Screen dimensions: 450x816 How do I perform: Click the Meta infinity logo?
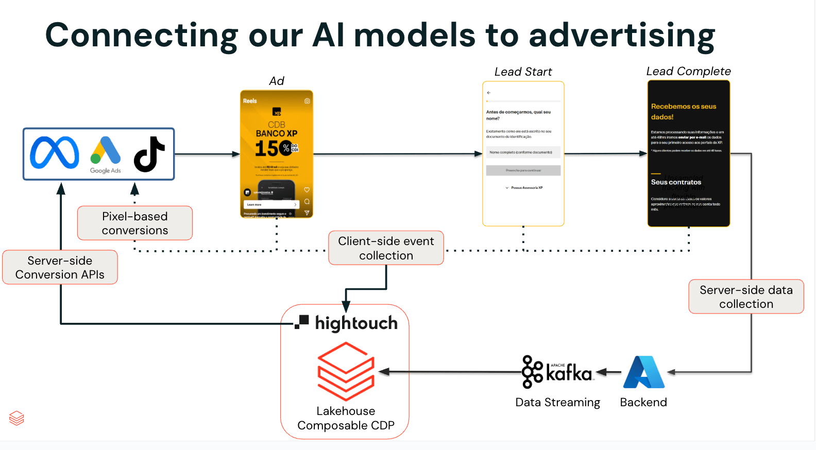tap(55, 153)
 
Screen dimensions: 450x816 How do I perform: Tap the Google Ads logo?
tap(106, 154)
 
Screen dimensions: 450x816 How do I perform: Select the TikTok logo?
tap(149, 154)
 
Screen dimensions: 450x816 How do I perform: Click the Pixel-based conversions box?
tap(135, 223)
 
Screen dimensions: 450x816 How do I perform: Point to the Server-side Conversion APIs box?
tap(60, 267)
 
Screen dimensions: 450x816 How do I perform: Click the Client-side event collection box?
tap(386, 248)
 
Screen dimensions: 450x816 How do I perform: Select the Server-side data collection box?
tap(746, 297)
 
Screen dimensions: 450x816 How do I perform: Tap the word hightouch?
tap(356, 323)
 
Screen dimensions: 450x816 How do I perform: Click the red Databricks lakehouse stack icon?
tap(346, 371)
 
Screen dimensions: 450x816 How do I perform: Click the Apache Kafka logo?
tap(557, 372)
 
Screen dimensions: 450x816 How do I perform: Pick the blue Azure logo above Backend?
tap(643, 372)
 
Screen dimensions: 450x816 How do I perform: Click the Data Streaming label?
tap(557, 402)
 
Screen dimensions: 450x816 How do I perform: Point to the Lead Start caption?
tap(523, 72)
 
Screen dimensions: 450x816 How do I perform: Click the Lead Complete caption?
tap(688, 71)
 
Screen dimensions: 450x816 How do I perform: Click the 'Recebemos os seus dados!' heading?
tap(683, 111)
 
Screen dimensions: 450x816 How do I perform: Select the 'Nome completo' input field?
tap(523, 152)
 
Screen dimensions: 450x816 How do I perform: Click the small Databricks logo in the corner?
tap(16, 418)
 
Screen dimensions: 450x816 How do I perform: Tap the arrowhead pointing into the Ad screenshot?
tap(236, 154)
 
